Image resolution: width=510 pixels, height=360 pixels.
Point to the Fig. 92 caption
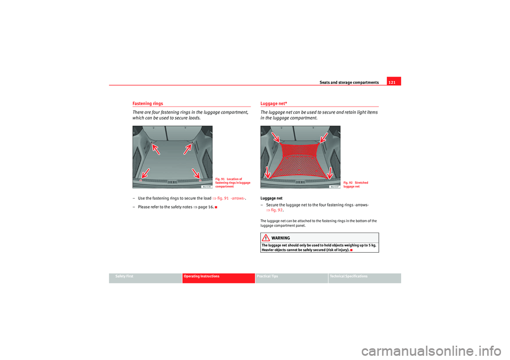click(x=356, y=184)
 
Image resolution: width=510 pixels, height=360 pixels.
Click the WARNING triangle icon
click(x=265, y=237)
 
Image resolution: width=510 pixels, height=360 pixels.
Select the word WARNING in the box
click(x=280, y=238)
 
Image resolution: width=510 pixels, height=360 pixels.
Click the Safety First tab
click(x=121, y=276)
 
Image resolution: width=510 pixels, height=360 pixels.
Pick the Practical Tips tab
click(x=267, y=276)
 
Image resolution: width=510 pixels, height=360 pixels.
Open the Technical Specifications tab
click(x=348, y=276)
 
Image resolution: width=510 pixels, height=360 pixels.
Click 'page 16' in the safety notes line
click(x=203, y=207)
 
